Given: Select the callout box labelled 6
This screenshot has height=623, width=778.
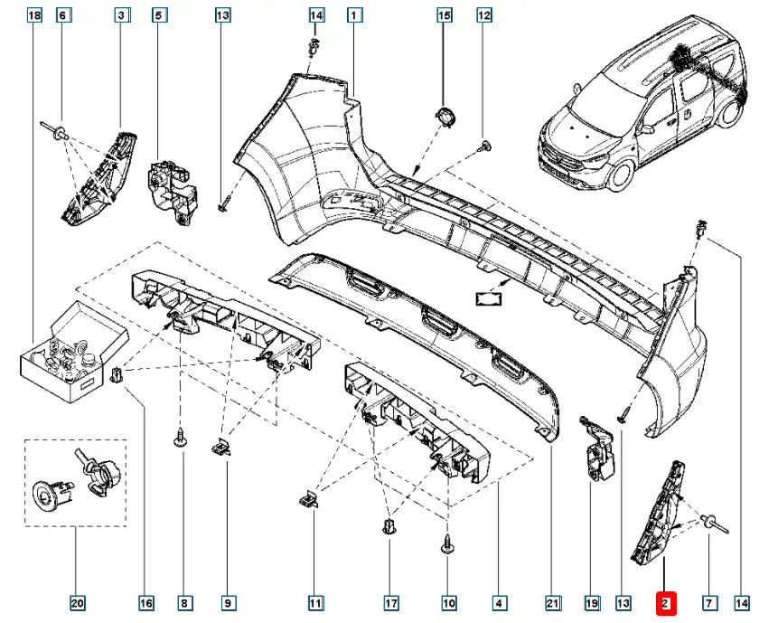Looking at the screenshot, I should [x=63, y=15].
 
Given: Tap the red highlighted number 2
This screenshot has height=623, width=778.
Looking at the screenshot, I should [x=664, y=601].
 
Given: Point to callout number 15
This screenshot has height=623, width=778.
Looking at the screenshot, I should [x=444, y=15].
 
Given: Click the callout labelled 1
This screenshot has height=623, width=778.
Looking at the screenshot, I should [x=354, y=15].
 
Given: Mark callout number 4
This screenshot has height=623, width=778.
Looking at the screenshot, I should [x=499, y=601].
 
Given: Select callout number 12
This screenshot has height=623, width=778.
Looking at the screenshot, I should [x=484, y=15].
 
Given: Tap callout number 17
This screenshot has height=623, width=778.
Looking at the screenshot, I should [x=390, y=601].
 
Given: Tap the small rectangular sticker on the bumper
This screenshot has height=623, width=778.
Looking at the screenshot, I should [x=488, y=297].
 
